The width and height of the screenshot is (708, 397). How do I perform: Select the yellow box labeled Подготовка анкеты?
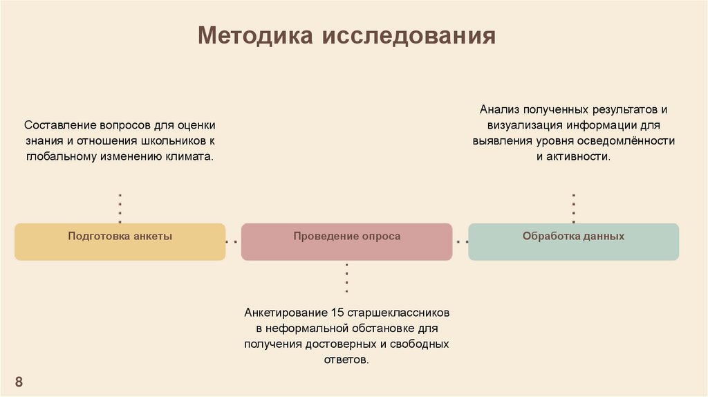[120, 241]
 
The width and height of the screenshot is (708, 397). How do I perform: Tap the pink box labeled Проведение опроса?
[346, 241]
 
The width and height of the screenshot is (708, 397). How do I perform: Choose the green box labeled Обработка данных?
[573, 241]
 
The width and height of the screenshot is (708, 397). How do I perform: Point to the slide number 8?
[19, 382]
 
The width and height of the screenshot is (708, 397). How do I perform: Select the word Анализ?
[499, 110]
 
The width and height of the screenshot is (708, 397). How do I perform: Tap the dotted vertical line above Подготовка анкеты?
[120, 207]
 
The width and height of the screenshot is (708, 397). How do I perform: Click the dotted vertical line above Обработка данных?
[573, 207]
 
